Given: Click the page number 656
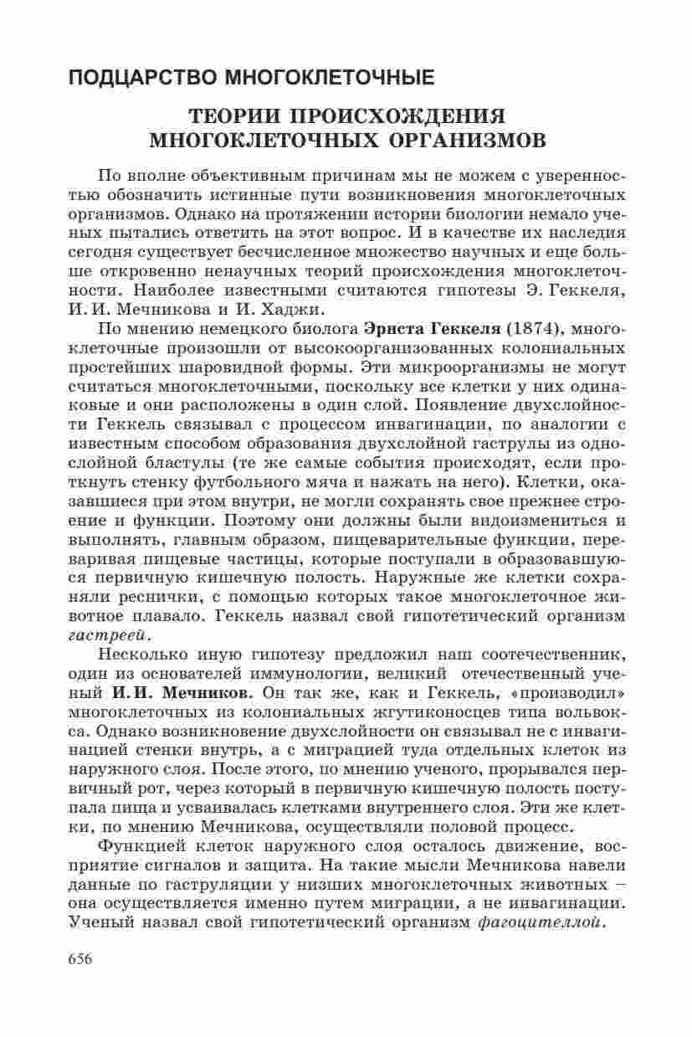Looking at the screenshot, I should click(x=82, y=983).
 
